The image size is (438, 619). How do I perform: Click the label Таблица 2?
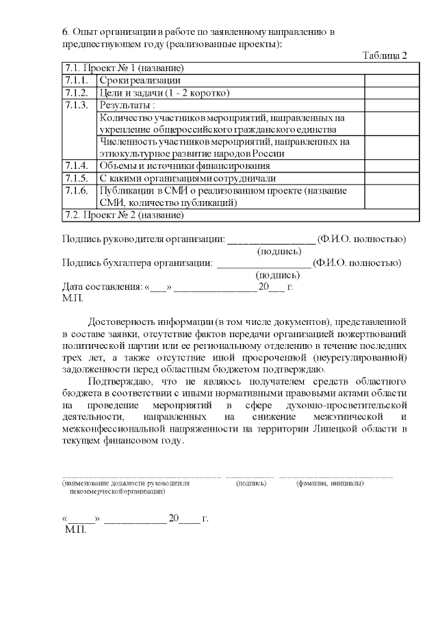click(x=385, y=55)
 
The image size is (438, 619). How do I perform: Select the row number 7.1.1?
click(x=76, y=81)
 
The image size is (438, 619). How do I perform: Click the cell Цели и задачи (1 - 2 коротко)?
click(x=164, y=92)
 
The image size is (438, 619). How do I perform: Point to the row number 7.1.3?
click(x=76, y=105)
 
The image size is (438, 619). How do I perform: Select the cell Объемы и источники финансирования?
click(x=184, y=166)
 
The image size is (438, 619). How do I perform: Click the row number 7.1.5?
click(x=76, y=178)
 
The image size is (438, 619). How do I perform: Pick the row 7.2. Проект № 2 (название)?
click(x=123, y=215)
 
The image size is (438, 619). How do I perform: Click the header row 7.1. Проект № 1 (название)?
click(x=123, y=68)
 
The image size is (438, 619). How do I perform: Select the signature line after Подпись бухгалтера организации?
click(x=263, y=263)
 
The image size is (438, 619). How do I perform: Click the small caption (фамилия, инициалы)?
click(x=330, y=483)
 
